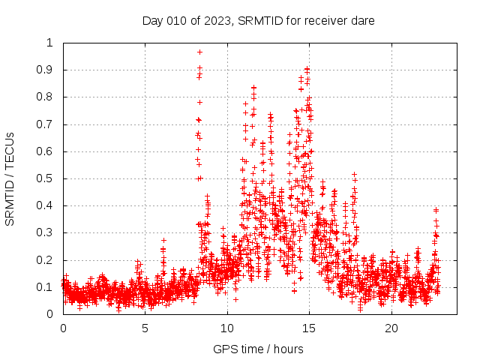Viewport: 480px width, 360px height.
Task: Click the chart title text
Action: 259,20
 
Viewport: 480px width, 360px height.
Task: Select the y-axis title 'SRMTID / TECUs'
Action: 10,178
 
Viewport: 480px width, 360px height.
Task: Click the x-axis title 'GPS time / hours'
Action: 259,349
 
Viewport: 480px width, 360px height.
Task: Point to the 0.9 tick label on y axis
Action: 48,70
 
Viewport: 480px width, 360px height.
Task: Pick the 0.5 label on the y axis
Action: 48,178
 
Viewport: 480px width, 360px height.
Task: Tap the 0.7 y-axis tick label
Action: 48,124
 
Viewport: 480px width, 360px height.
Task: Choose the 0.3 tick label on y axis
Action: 48,233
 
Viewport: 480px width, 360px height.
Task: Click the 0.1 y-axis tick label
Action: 48,287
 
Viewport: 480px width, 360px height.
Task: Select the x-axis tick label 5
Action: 145,328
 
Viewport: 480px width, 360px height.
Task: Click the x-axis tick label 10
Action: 227,328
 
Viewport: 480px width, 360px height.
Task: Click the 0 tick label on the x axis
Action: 63,328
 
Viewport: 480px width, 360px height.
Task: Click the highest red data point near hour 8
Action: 199,52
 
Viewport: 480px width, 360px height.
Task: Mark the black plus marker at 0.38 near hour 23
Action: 436,210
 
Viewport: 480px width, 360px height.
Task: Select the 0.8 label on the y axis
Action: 48,97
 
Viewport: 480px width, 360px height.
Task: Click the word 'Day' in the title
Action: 152,20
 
